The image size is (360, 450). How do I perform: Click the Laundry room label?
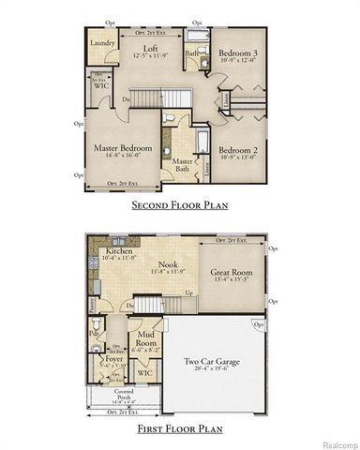pos(102,43)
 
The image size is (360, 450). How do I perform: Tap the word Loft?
pos(150,50)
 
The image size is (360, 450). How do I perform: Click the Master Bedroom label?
pos(122,148)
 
